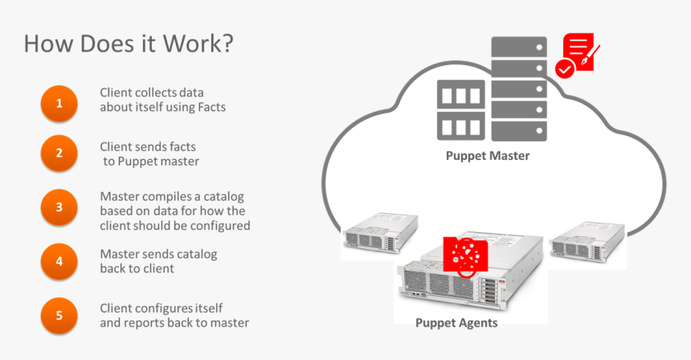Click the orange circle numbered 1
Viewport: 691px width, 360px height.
(59, 104)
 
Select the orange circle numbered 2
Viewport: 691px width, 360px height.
(59, 153)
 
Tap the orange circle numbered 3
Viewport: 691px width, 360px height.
(59, 207)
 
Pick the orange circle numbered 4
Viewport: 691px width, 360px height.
(59, 260)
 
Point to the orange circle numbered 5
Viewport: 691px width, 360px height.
(59, 315)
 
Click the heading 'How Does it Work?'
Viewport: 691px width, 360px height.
(129, 43)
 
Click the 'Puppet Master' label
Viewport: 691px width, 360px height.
(488, 156)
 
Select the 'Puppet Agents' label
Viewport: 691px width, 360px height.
(456, 323)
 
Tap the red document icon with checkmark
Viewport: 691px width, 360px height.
(577, 55)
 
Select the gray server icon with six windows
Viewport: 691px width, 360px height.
(460, 109)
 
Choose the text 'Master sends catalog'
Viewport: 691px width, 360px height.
(158, 254)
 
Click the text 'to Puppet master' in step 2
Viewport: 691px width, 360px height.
(151, 162)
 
